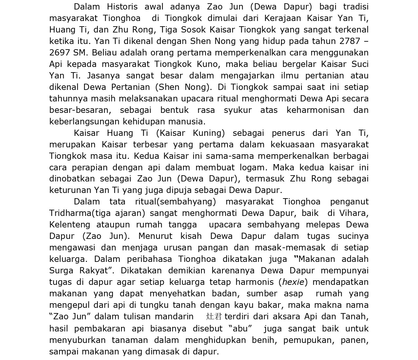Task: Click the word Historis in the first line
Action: click(122, 7)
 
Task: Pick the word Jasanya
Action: click(104, 76)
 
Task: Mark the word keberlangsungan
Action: click(85, 122)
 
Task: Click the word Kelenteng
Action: click(70, 225)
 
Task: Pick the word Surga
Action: click(62, 271)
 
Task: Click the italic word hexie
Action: click(293, 282)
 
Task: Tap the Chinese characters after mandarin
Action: click(214, 317)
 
